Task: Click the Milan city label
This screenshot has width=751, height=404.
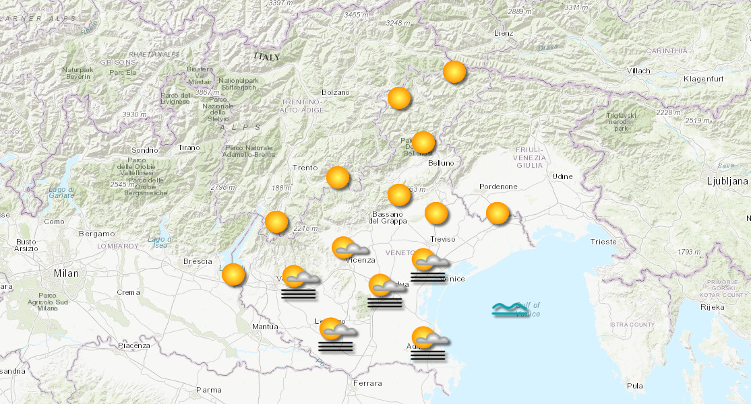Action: [x=67, y=273]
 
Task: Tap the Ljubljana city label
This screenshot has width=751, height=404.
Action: [x=727, y=181]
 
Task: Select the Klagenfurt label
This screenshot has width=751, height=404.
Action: [x=702, y=79]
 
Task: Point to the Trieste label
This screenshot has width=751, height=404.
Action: [x=603, y=241]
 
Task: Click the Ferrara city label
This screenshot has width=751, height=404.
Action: [x=367, y=383]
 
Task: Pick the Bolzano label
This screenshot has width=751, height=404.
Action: [x=336, y=92]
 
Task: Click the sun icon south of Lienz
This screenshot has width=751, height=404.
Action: [x=454, y=71]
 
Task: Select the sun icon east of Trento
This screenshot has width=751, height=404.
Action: [x=338, y=178]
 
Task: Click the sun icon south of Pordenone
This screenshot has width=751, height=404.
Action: [x=498, y=213]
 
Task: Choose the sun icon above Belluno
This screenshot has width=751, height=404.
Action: [x=423, y=143]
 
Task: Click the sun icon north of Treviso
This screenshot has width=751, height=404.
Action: [x=436, y=213]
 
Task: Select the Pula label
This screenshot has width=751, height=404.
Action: [x=634, y=386]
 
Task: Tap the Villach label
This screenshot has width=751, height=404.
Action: [x=638, y=71]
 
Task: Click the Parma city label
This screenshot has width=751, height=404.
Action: [x=208, y=389]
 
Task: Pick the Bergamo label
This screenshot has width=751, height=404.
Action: [x=96, y=234]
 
